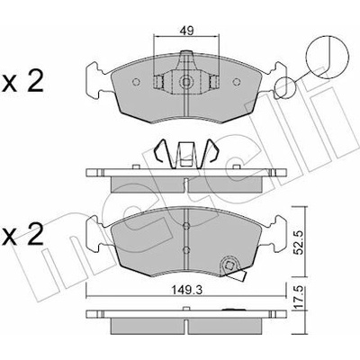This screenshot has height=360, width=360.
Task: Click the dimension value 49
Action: tap(186, 31)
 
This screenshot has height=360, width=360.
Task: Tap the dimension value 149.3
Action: tap(186, 290)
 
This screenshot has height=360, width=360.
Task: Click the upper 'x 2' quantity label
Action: tap(22, 81)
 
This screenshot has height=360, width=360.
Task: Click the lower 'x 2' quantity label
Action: tap(22, 235)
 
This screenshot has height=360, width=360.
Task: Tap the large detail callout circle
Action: tap(328, 57)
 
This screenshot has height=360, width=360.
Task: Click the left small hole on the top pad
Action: tap(136, 82)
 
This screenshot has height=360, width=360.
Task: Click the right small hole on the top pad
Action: tap(237, 82)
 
